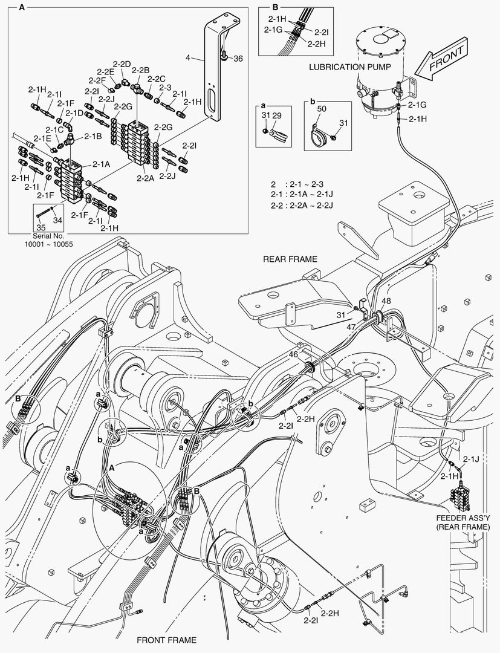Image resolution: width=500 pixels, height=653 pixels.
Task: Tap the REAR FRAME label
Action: pos(290,259)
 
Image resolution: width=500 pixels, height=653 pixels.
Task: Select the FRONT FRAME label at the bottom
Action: pos(166,640)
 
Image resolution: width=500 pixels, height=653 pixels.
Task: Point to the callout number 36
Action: pos(238,59)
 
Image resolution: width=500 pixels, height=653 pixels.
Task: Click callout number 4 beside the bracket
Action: pos(188,58)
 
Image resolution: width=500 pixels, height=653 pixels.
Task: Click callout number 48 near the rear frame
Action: pos(386,301)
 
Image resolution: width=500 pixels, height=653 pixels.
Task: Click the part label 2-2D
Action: pos(122,64)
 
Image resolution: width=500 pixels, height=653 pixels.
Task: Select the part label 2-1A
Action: pos(101,164)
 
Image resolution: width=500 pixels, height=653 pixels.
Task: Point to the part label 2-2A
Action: pos(145,178)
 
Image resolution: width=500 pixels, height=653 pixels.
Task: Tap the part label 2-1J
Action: pos(471,460)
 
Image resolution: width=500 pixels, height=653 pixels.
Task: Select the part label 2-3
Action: pos(165,87)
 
